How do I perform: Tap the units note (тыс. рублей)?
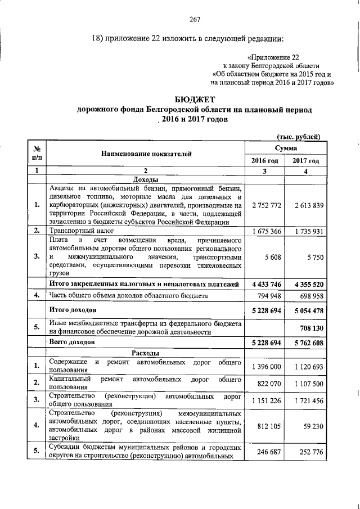[x=299, y=136]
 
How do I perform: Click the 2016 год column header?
[x=264, y=161]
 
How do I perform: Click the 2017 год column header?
[x=305, y=161]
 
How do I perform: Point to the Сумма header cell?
[x=285, y=147]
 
